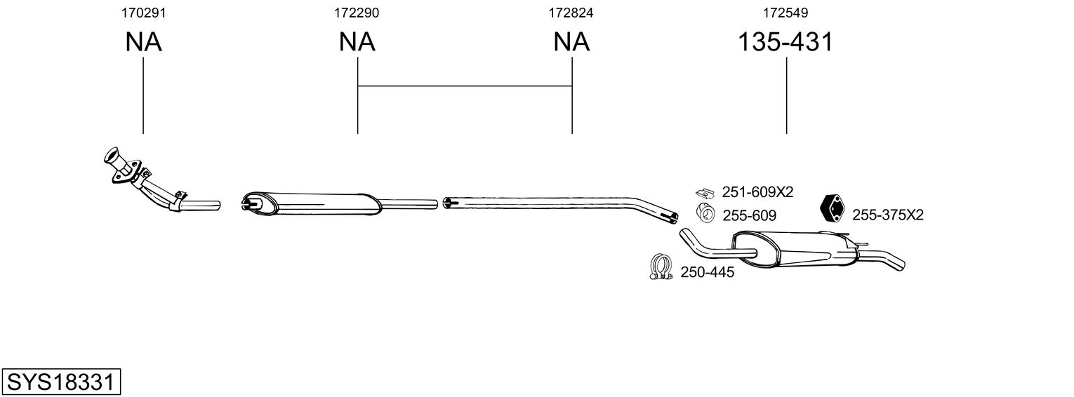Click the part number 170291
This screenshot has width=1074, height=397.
pyautogui.click(x=143, y=13)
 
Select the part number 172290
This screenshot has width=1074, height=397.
pyautogui.click(x=357, y=13)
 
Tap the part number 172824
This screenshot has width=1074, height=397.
pyautogui.click(x=571, y=13)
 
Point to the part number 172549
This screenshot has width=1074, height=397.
pyautogui.click(x=786, y=13)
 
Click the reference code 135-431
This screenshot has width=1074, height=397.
pyautogui.click(x=785, y=42)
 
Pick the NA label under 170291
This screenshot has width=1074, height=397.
pyautogui.click(x=143, y=42)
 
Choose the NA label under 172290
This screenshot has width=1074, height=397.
pyautogui.click(x=357, y=42)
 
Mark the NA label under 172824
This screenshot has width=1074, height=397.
pyautogui.click(x=571, y=42)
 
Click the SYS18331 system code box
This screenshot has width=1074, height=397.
pyautogui.click(x=60, y=382)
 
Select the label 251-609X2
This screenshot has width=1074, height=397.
pyautogui.click(x=757, y=192)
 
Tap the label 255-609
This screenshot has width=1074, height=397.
pyautogui.click(x=750, y=215)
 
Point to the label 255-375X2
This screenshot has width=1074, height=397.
pyautogui.click(x=887, y=215)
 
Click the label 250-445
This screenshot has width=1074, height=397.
pyautogui.click(x=707, y=272)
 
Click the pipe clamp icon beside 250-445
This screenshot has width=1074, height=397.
pyautogui.click(x=660, y=267)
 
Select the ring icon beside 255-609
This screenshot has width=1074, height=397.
pyautogui.click(x=705, y=213)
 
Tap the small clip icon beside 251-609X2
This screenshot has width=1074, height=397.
pyautogui.click(x=704, y=191)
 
